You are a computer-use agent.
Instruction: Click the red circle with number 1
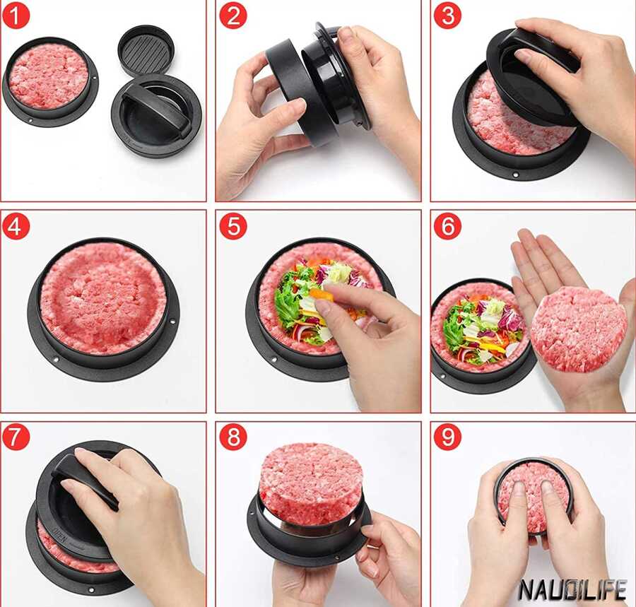[x=16, y=16]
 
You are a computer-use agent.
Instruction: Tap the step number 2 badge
[x=233, y=16]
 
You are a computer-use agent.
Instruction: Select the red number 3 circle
[x=447, y=16]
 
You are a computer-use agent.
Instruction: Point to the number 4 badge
[x=16, y=226]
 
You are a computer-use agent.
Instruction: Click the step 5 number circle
[x=233, y=226]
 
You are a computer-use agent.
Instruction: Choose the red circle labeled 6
[x=447, y=226]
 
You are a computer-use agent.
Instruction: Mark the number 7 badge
[x=16, y=437]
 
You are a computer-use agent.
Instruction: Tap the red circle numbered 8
[x=233, y=437]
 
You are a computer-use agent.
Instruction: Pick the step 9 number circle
[x=447, y=437]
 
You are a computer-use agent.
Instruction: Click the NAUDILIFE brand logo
[x=572, y=589]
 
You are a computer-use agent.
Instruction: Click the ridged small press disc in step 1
[x=146, y=51]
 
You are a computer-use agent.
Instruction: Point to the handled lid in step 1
[x=157, y=117]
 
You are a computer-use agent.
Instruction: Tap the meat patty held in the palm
[x=579, y=329]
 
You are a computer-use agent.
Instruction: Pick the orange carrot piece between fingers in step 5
[x=322, y=293]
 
